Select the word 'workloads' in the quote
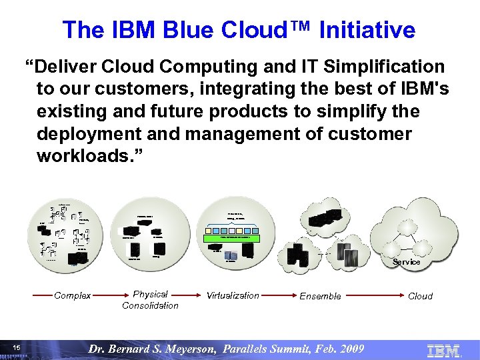(87, 157)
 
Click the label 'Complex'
(73, 295)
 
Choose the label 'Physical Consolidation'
(150, 299)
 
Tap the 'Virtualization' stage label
(233, 295)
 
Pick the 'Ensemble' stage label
(320, 295)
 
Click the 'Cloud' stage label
(420, 295)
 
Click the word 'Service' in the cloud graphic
(406, 262)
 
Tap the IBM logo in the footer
(443, 349)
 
